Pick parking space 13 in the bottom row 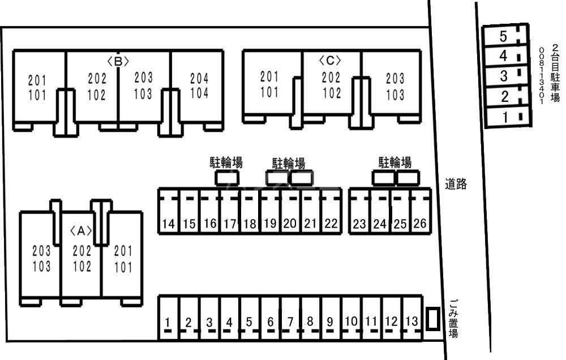412,320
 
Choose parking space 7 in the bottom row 290,320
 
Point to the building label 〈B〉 118,61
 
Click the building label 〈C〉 331,60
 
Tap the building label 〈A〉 81,230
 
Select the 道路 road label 456,183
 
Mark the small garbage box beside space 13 432,319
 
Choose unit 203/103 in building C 395,87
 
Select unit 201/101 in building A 123,259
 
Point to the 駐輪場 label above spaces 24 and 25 395,163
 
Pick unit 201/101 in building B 37,88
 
